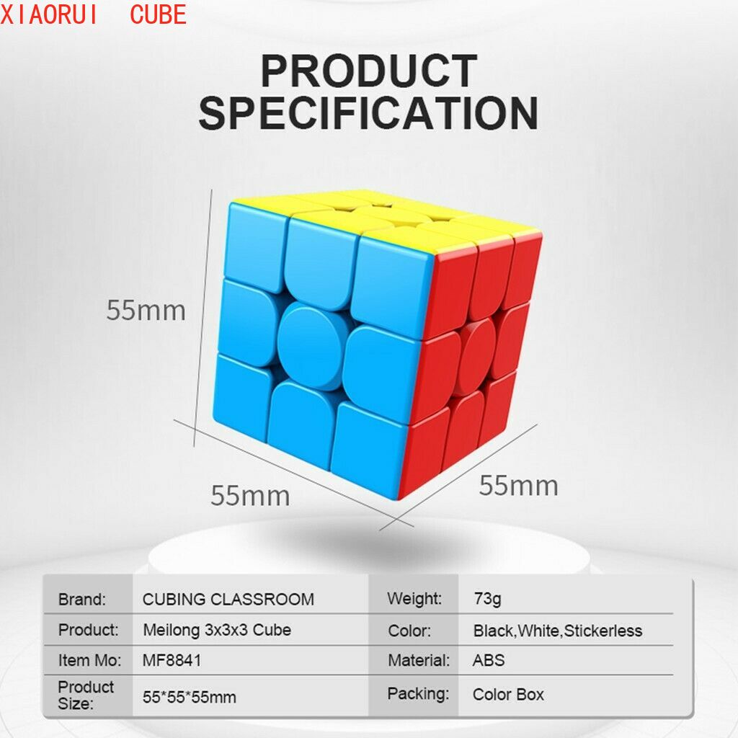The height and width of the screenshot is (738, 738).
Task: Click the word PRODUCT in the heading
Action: point(370,71)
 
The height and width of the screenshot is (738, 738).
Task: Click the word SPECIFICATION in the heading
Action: point(368,113)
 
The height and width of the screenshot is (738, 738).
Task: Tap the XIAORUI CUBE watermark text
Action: point(93,14)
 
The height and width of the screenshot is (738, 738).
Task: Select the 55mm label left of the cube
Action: point(146,311)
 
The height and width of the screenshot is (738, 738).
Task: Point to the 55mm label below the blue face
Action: point(250,496)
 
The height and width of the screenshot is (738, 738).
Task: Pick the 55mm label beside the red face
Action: point(519,485)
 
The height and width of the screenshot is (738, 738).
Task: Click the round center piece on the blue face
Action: point(311,346)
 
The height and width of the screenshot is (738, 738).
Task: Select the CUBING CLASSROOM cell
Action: point(228,599)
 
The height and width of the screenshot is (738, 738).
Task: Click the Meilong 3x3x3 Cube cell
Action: point(217,630)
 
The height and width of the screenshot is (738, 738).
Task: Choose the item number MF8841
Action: point(172,660)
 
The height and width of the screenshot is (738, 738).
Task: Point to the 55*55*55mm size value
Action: point(190,697)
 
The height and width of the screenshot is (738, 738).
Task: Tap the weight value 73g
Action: point(488,599)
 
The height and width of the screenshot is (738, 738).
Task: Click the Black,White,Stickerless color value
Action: point(558,630)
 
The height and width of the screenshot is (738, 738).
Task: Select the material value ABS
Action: point(489,660)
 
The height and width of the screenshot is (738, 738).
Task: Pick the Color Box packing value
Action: point(508,694)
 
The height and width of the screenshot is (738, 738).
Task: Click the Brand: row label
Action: point(82,599)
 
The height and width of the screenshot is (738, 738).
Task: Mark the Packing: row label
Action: point(419,694)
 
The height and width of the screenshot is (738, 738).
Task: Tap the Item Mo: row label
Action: point(89,660)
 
